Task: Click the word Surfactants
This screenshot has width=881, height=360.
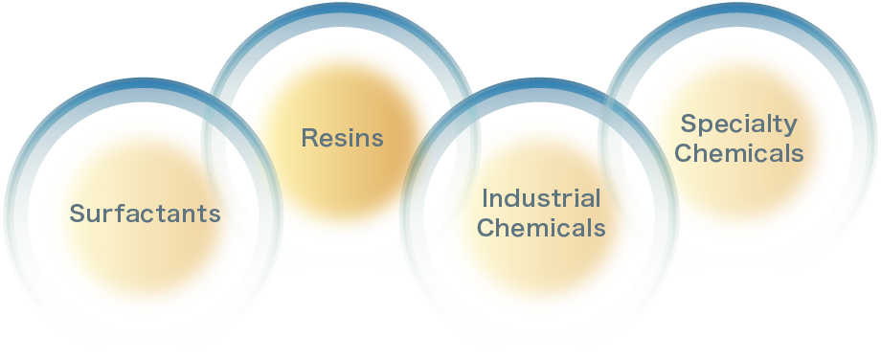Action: point(145,214)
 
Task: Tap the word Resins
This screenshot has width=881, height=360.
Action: point(342,138)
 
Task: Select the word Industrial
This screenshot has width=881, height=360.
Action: point(541,199)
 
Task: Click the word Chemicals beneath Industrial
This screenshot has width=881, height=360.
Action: point(541,229)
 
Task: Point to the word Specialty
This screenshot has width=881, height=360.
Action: point(738,124)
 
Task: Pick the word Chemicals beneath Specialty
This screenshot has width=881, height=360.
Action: point(739,153)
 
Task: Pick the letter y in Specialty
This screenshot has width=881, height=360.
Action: point(791,126)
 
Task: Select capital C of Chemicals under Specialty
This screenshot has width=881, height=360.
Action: point(684,153)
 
